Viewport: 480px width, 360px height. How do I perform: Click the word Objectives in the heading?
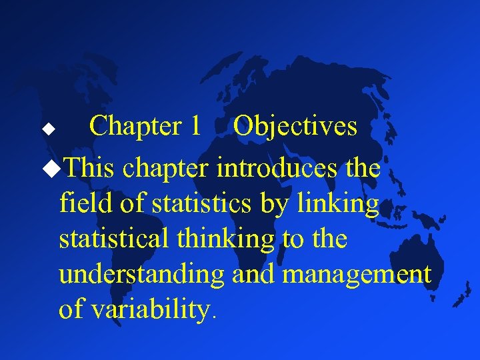[296, 127]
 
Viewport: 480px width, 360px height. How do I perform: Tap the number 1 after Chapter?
[195, 126]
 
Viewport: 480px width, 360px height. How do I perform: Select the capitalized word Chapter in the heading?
[136, 127]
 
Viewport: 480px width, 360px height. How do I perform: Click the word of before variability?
[72, 309]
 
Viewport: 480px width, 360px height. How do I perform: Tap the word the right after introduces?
[363, 168]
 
